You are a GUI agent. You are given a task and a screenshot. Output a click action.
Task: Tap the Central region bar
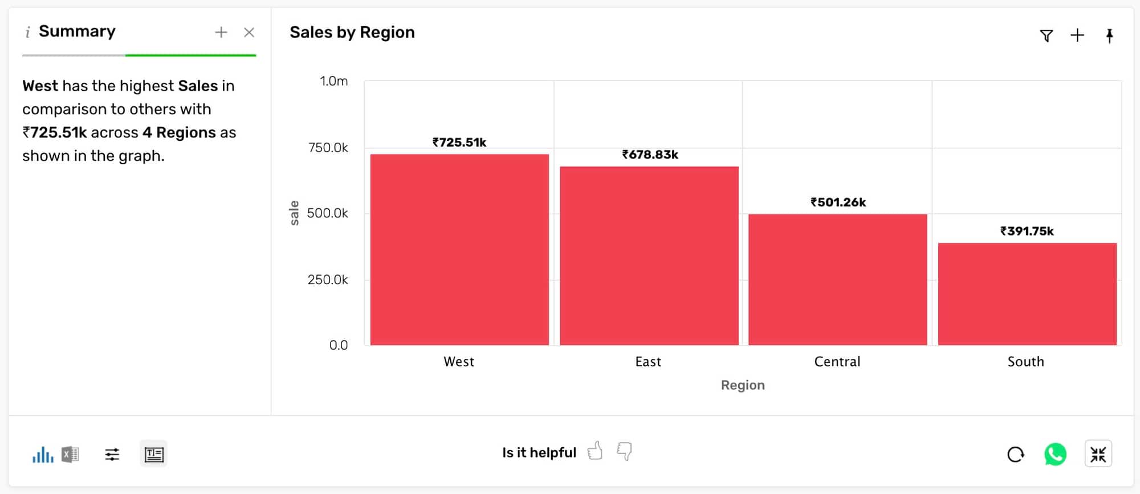pyautogui.click(x=837, y=280)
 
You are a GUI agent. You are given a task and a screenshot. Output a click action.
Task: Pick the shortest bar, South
pyautogui.click(x=1027, y=294)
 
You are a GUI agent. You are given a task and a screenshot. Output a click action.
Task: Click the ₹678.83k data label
pyautogui.click(x=650, y=155)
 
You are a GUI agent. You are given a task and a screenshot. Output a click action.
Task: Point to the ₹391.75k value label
pyautogui.click(x=1027, y=231)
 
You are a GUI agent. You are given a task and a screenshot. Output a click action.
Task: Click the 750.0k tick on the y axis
pyautogui.click(x=328, y=148)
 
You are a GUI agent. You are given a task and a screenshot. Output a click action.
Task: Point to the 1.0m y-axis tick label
pyautogui.click(x=333, y=81)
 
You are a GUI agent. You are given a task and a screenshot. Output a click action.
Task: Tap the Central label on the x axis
pyautogui.click(x=837, y=362)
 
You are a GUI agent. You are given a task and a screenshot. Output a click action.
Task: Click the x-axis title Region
pyautogui.click(x=742, y=385)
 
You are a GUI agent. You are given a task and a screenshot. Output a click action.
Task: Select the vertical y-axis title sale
pyautogui.click(x=294, y=213)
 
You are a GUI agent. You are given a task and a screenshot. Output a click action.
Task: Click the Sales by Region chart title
pyautogui.click(x=352, y=33)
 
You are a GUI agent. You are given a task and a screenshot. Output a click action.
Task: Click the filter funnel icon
pyautogui.click(x=1046, y=36)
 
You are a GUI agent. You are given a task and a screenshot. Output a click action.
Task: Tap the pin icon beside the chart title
pyautogui.click(x=1109, y=36)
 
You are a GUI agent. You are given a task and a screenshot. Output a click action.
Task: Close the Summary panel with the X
pyautogui.click(x=249, y=33)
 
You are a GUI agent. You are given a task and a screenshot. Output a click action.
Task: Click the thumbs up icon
pyautogui.click(x=595, y=451)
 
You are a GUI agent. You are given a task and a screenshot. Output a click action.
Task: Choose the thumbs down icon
pyautogui.click(x=625, y=451)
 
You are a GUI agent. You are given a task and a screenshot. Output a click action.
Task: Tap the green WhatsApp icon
pyautogui.click(x=1055, y=455)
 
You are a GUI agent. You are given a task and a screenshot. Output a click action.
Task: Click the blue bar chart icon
pyautogui.click(x=43, y=455)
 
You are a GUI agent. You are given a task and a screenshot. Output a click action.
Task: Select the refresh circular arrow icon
pyautogui.click(x=1015, y=455)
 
